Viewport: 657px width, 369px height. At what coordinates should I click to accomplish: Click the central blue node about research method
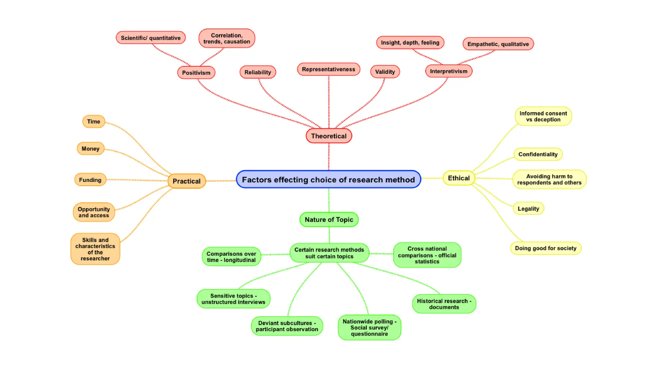pos(328,180)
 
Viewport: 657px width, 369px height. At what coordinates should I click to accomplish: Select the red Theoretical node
pos(328,136)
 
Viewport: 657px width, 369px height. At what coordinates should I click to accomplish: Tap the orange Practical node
pos(186,181)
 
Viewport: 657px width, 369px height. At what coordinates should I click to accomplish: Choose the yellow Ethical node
pos(458,178)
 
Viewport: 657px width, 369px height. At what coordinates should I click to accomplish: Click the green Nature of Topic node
pos(329,220)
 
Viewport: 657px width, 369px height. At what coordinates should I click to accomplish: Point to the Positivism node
pos(196,73)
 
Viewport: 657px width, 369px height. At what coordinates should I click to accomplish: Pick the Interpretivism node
pos(448,71)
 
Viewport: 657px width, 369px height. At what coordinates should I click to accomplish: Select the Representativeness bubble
pos(328,69)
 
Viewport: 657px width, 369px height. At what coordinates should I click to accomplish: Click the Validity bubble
pos(385,72)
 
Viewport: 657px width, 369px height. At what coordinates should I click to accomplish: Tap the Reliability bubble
pos(258,72)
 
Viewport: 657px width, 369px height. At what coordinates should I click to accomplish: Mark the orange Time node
pos(93,121)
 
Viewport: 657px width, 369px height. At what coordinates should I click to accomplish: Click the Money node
pos(90,149)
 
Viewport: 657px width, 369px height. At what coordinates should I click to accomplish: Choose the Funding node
pos(90,180)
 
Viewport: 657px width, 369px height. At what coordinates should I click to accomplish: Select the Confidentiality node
pos(538,154)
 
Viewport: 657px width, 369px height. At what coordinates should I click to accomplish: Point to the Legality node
pos(528,209)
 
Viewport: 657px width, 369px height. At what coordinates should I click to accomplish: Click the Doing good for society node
pos(545,248)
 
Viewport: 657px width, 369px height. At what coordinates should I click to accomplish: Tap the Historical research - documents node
pos(444,304)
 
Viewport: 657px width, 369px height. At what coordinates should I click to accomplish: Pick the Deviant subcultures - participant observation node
pos(287,326)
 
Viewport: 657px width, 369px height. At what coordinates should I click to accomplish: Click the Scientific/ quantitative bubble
pos(150,38)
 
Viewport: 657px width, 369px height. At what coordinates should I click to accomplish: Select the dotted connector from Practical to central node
pos(221,181)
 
